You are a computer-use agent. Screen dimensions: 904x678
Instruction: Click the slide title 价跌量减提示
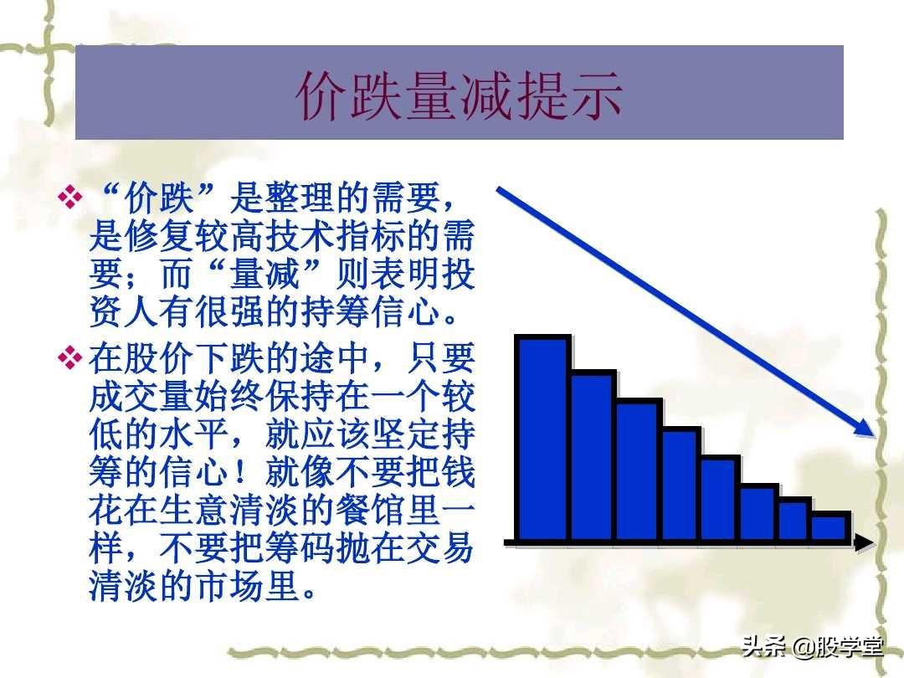(460, 95)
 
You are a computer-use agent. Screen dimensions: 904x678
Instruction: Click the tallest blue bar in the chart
(542, 439)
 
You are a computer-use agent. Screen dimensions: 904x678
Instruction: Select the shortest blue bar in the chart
(831, 527)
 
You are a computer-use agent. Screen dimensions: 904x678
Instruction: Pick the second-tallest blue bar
(592, 457)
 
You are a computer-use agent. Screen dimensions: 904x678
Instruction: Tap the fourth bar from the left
(681, 485)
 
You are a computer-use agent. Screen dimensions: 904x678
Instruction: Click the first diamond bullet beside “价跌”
(70, 197)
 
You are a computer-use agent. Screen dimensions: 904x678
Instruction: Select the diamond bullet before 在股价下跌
(70, 357)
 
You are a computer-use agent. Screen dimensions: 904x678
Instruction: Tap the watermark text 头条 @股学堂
(812, 646)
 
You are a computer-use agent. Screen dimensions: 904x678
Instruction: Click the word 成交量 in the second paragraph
(141, 395)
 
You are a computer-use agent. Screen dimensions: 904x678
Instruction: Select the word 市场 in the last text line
(229, 585)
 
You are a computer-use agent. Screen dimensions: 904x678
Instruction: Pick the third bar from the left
(638, 471)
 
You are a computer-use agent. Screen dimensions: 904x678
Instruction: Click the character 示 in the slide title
(596, 95)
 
